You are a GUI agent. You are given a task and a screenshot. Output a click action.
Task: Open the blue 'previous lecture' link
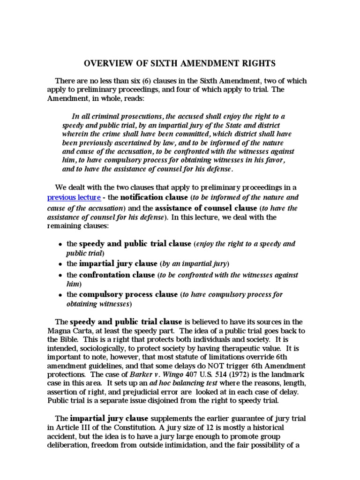click(74, 197)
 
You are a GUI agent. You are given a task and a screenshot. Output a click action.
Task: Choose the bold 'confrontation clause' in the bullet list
click(117, 275)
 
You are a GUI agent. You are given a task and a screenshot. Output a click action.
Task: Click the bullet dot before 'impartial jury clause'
click(60, 263)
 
